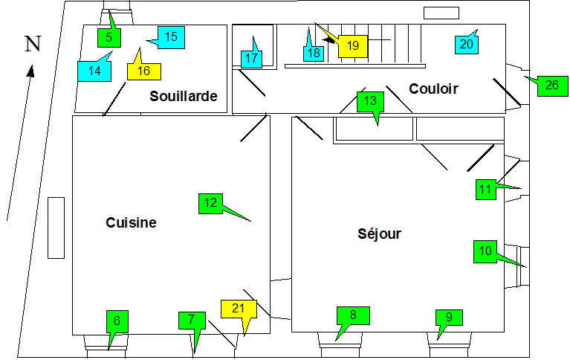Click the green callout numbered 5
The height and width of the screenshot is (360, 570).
coord(109,36)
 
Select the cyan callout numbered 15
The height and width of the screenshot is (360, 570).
coord(171,36)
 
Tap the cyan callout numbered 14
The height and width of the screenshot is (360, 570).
coord(94,71)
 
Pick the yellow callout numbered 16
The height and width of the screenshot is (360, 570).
coord(144,71)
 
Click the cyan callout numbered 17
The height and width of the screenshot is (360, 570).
coord(251,58)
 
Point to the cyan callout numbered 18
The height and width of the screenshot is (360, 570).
coord(314,53)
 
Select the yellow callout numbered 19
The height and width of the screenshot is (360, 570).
coord(353,46)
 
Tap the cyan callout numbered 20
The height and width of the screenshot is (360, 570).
coord(466,44)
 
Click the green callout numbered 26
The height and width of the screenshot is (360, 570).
coord(551,85)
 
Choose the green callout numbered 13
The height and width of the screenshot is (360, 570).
coord(371,100)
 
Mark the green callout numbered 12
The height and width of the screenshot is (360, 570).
coord(210,202)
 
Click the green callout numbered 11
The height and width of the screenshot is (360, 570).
coord(485,190)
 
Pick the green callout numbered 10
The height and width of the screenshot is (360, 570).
coord(485,251)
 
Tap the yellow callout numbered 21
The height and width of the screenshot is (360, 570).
coord(239,309)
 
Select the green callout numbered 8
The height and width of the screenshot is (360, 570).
coord(353,315)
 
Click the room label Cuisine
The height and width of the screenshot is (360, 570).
coord(131,222)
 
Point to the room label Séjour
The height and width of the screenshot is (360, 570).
coord(379,234)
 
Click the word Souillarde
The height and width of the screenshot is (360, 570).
coord(183,96)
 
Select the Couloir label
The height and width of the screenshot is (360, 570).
coord(433,89)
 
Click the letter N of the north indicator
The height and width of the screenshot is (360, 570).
coord(33,45)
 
